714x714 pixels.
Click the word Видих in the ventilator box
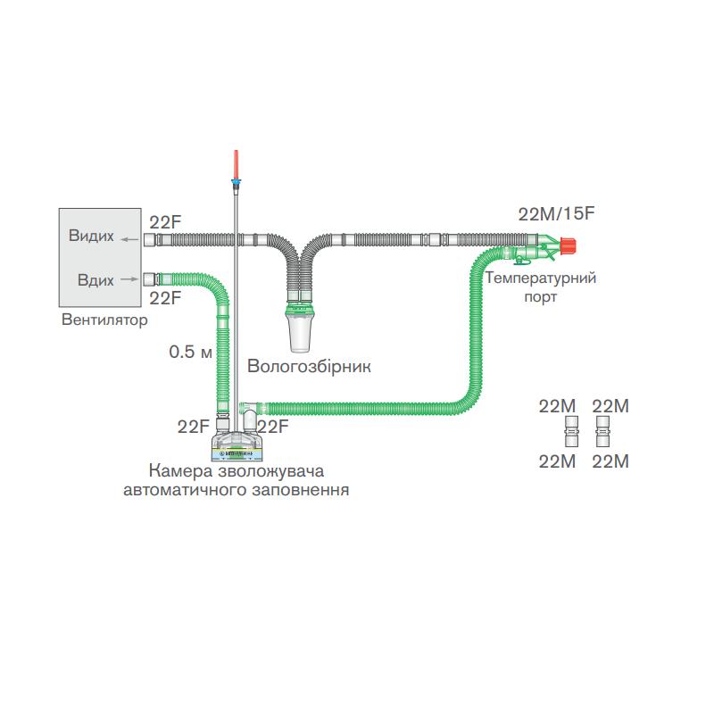click(x=91, y=237)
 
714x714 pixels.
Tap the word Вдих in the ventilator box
click(x=95, y=280)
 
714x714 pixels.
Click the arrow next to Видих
click(x=130, y=238)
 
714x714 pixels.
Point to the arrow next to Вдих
click(x=130, y=278)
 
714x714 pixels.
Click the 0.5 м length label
click(x=190, y=352)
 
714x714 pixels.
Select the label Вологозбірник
click(x=308, y=366)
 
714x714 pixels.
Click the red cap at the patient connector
click(x=568, y=243)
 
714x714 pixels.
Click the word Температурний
click(x=541, y=278)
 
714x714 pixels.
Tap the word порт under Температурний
click(x=540, y=295)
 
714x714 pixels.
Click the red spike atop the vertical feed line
click(x=236, y=165)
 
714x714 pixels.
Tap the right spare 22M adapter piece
click(x=603, y=434)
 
